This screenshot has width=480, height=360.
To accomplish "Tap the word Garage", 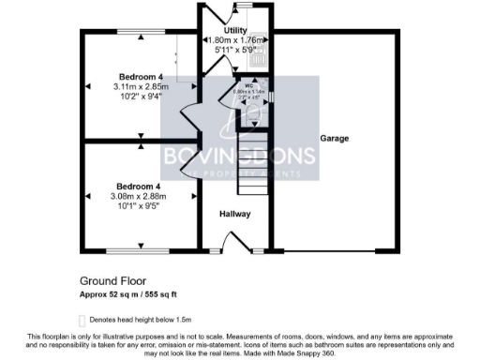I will (334, 139).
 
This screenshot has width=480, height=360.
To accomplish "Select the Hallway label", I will (234, 215).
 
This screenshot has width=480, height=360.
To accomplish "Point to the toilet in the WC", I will (250, 104).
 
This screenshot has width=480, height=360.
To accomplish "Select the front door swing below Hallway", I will (245, 244).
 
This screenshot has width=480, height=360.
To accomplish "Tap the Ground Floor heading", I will (112, 279).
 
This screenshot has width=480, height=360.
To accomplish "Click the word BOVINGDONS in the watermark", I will (240, 154).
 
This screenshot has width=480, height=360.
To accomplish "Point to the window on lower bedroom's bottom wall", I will (138, 250).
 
